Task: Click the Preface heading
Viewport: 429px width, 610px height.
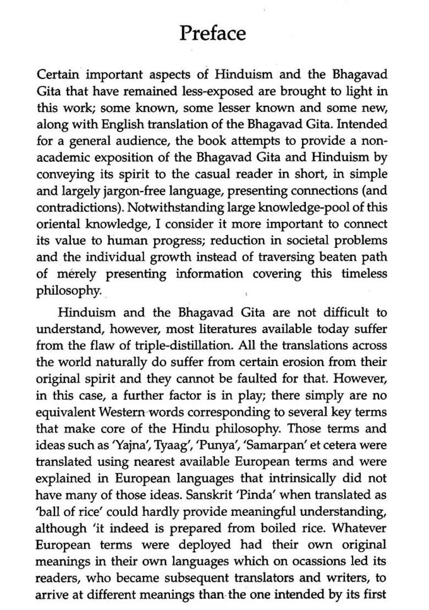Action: tap(212, 34)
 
